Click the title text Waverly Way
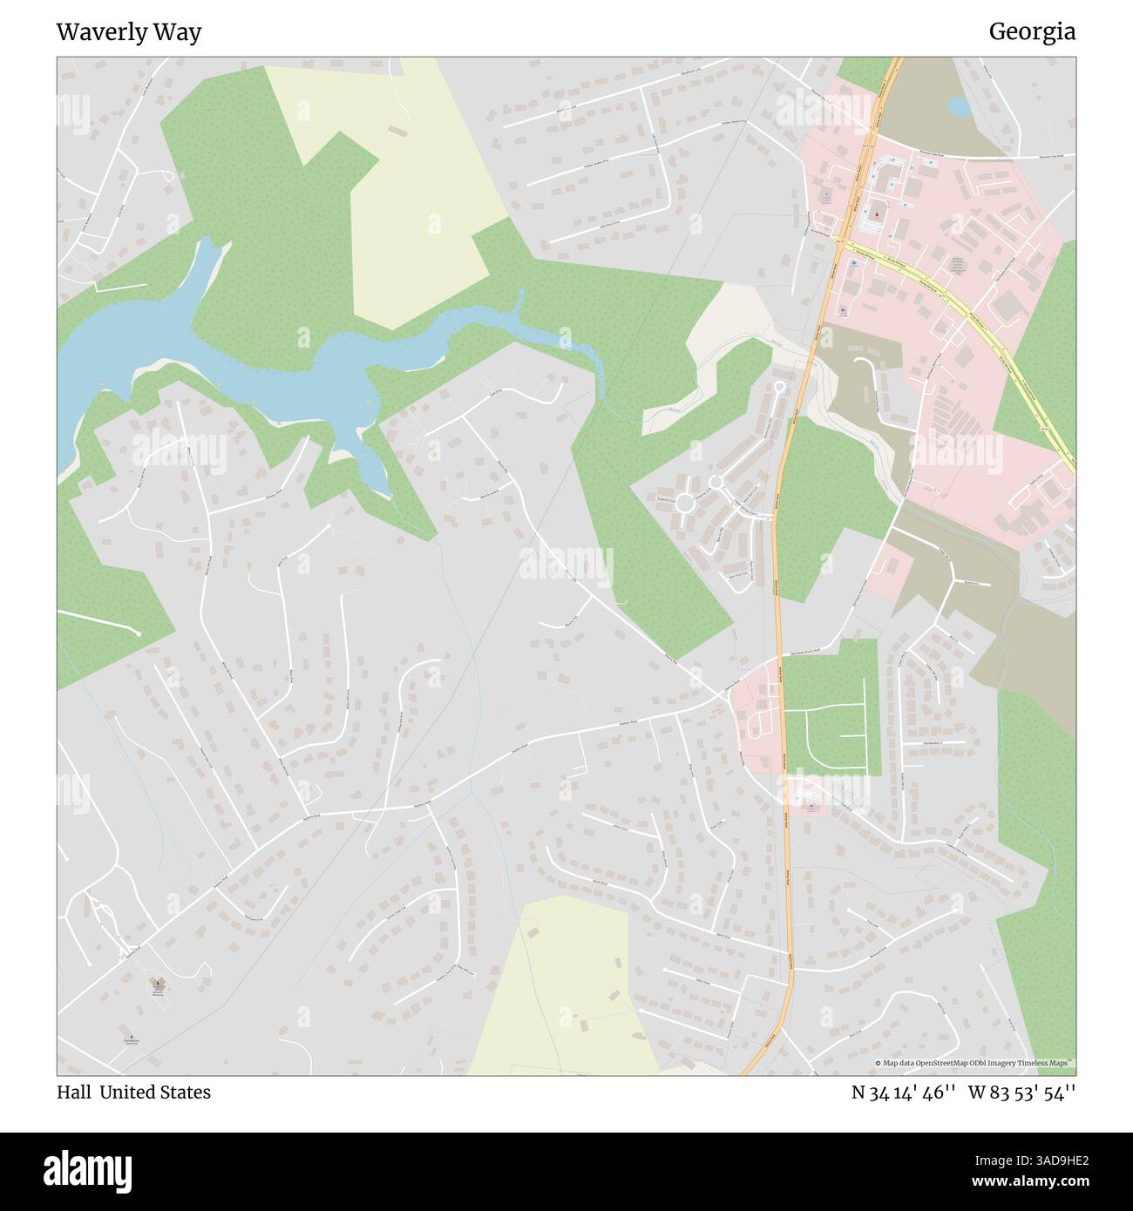128,32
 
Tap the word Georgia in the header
1031,32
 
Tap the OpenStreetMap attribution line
974,1063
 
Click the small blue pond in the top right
959,107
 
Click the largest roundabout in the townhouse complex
685,503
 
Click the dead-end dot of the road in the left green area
139,633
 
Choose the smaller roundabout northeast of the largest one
716,481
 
